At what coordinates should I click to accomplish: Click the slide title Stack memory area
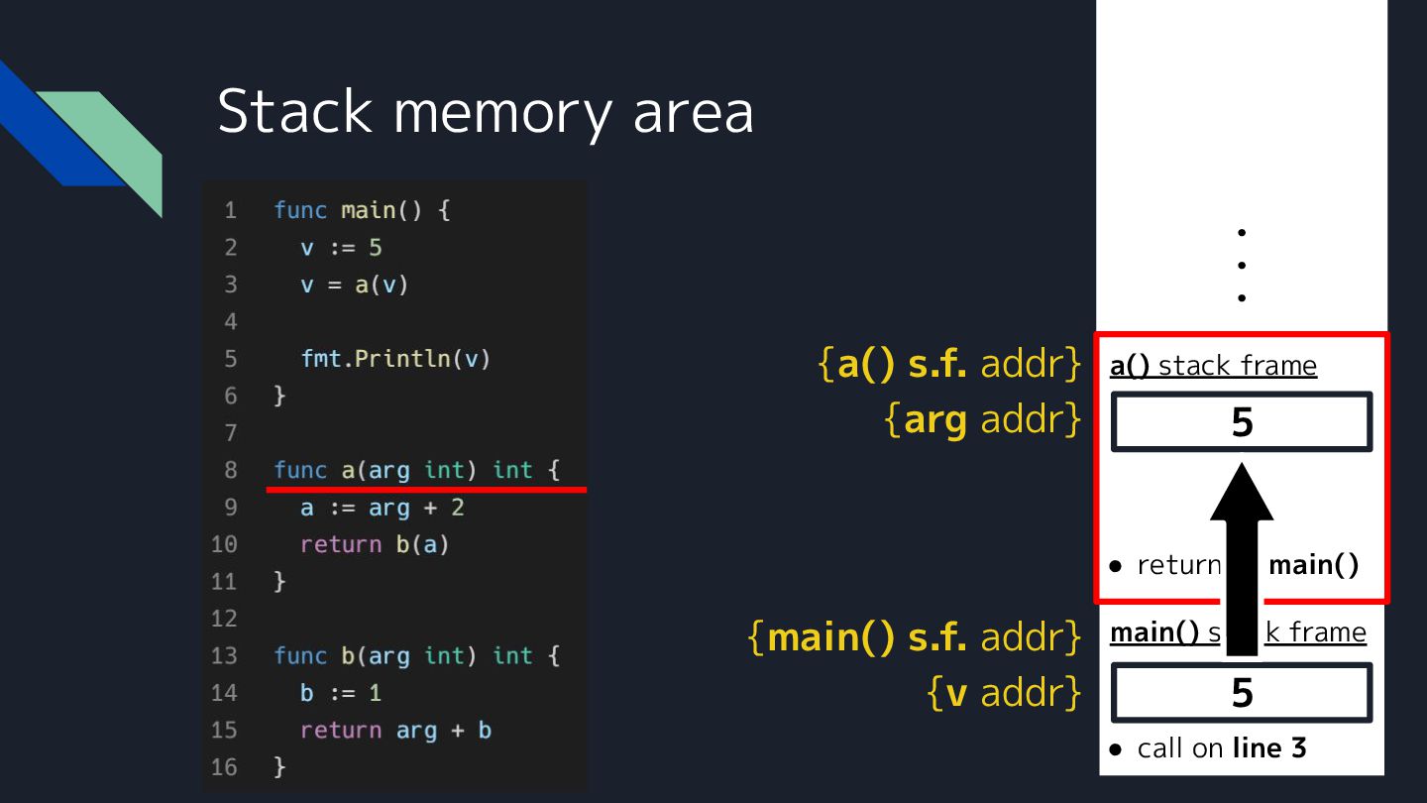pos(485,111)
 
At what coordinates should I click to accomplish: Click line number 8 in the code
pos(230,470)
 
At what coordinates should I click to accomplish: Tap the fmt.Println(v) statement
pos(395,359)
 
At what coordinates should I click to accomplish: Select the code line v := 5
pos(341,248)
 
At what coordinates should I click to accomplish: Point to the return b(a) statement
pos(375,544)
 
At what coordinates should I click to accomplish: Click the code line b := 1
pos(341,693)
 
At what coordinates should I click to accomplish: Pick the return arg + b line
pos(395,731)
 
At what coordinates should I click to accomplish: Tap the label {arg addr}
pos(982,420)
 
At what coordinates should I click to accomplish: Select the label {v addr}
pos(1003,693)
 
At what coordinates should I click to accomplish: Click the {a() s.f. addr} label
pos(948,365)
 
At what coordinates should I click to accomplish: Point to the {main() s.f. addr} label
pos(914,636)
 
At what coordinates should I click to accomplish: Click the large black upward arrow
pos(1242,555)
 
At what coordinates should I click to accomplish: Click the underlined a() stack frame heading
pos(1213,366)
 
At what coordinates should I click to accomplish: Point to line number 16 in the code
pos(224,767)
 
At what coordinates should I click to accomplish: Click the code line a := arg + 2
pos(382,508)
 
